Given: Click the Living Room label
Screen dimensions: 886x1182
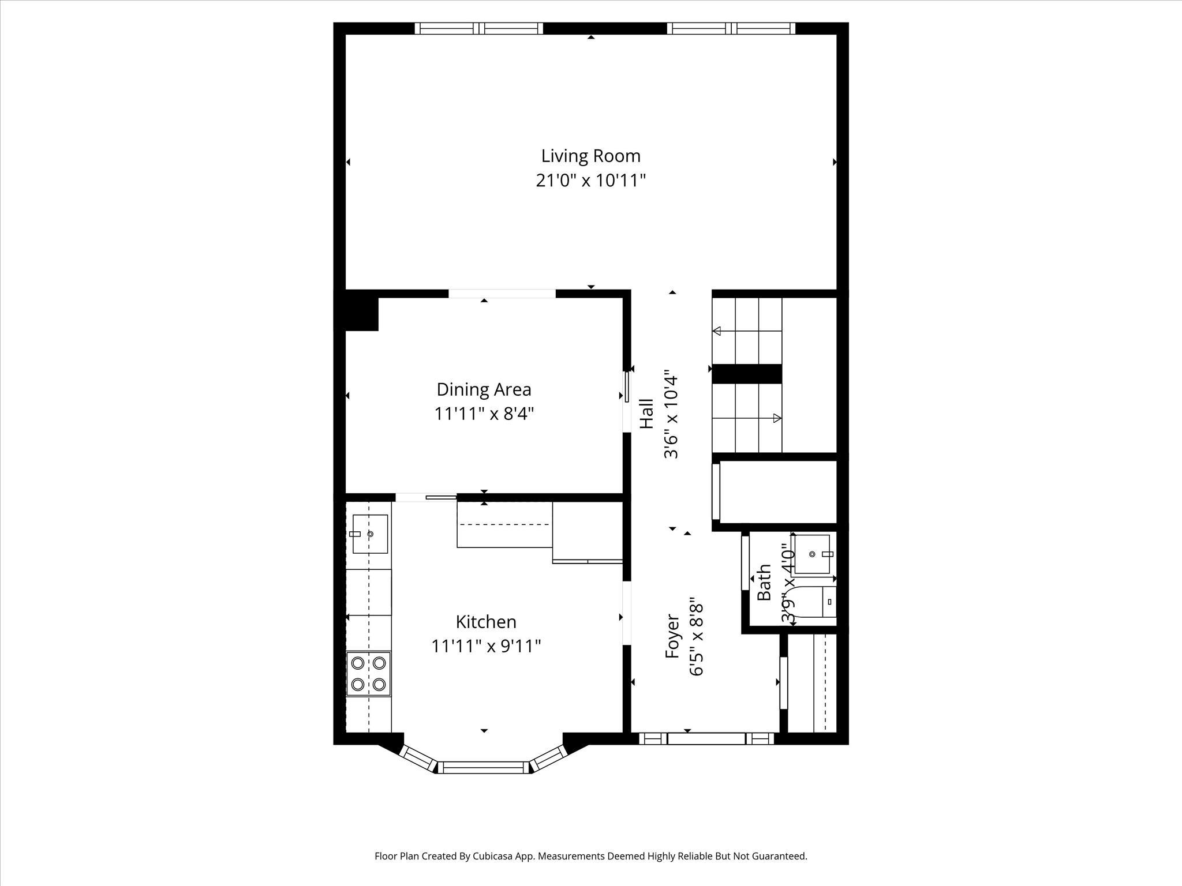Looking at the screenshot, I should click(590, 156).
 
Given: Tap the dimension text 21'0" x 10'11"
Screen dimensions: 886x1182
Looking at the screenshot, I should click(590, 181).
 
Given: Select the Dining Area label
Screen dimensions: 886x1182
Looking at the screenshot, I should click(484, 389).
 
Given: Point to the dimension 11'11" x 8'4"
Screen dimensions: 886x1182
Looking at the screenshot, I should click(484, 414).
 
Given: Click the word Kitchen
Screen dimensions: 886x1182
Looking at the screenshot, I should click(486, 622).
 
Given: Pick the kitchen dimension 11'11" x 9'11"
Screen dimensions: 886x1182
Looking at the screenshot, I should click(486, 646).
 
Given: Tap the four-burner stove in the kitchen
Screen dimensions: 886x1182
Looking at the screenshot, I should click(368, 674).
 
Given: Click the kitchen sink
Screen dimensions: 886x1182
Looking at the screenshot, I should click(369, 534).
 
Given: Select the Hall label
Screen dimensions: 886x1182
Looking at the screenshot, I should click(647, 414).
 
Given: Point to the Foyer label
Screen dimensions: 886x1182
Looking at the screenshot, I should click(673, 636).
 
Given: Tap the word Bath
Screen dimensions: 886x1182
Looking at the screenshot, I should click(764, 583).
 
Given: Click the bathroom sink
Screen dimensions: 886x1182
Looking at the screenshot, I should click(813, 554).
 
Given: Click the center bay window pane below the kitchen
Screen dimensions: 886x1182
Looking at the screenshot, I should click(484, 767).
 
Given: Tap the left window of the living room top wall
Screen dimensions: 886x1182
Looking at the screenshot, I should click(479, 28).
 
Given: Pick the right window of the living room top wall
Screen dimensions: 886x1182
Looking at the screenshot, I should click(731, 28).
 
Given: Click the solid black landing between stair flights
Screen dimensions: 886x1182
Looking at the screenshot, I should click(746, 374).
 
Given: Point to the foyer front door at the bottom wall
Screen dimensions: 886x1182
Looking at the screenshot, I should click(706, 739).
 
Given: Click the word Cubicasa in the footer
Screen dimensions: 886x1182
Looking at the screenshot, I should click(493, 856).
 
